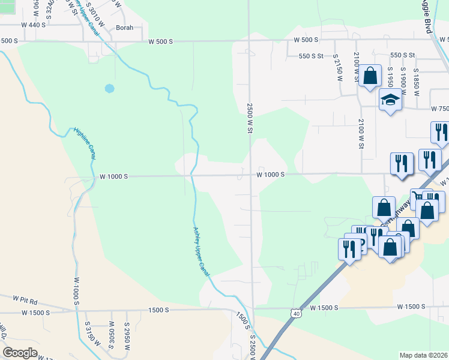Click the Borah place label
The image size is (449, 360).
[x=125, y=28]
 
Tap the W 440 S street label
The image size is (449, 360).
[x=33, y=25]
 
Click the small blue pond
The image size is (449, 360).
[x=109, y=88]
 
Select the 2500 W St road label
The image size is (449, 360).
[x=249, y=118]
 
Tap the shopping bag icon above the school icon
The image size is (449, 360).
[x=370, y=76]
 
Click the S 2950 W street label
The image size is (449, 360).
[x=127, y=333]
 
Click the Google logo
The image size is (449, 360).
[x=19, y=353]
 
